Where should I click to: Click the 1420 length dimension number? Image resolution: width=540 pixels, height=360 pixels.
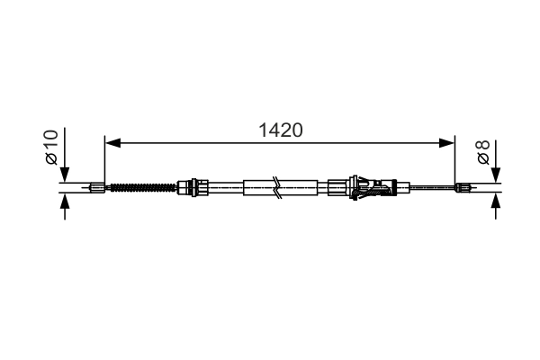click(x=279, y=129)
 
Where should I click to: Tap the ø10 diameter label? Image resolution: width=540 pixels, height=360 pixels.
click(x=50, y=147)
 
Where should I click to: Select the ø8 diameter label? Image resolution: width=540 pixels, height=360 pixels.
click(x=483, y=151)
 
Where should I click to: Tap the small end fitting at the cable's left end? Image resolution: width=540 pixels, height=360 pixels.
click(x=97, y=188)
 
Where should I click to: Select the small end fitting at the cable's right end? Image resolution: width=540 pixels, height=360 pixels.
click(x=463, y=188)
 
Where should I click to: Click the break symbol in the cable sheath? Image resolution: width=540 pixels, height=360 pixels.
click(x=281, y=188)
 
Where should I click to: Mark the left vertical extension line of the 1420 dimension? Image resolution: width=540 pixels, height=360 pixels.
click(x=105, y=162)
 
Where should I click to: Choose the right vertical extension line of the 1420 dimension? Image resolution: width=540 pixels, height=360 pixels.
click(x=455, y=162)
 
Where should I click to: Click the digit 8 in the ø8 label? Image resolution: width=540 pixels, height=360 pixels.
click(x=483, y=144)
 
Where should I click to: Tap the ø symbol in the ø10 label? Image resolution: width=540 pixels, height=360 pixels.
click(x=50, y=159)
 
